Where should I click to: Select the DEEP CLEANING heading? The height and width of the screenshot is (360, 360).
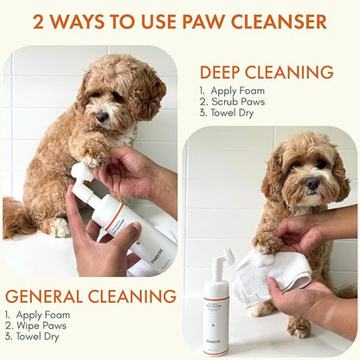tap(267, 72)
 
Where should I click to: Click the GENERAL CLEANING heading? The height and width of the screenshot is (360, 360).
tap(90, 295)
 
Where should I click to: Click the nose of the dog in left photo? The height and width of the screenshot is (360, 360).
tap(102, 115)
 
